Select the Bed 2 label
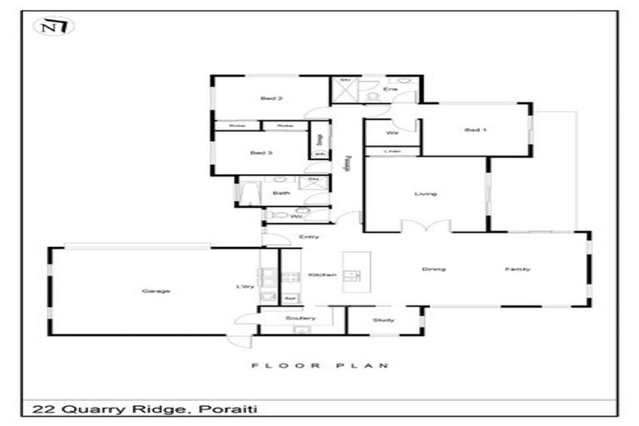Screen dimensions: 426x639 (x=271, y=98)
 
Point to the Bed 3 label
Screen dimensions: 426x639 (x=261, y=153)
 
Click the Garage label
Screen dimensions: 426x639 (x=156, y=291)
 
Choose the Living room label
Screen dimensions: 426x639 (x=426, y=194)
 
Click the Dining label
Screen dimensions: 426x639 (x=433, y=269)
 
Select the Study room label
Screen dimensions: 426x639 (x=384, y=320)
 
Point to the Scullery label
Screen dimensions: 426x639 (x=300, y=318)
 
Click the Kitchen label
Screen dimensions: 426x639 (x=321, y=275)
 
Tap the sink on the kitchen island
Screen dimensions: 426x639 (x=353, y=275)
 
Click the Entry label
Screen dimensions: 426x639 (x=308, y=237)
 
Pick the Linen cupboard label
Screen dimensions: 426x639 (x=391, y=151)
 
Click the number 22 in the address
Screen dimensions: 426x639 (x=39, y=409)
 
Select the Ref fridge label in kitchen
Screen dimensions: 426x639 (x=290, y=297)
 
